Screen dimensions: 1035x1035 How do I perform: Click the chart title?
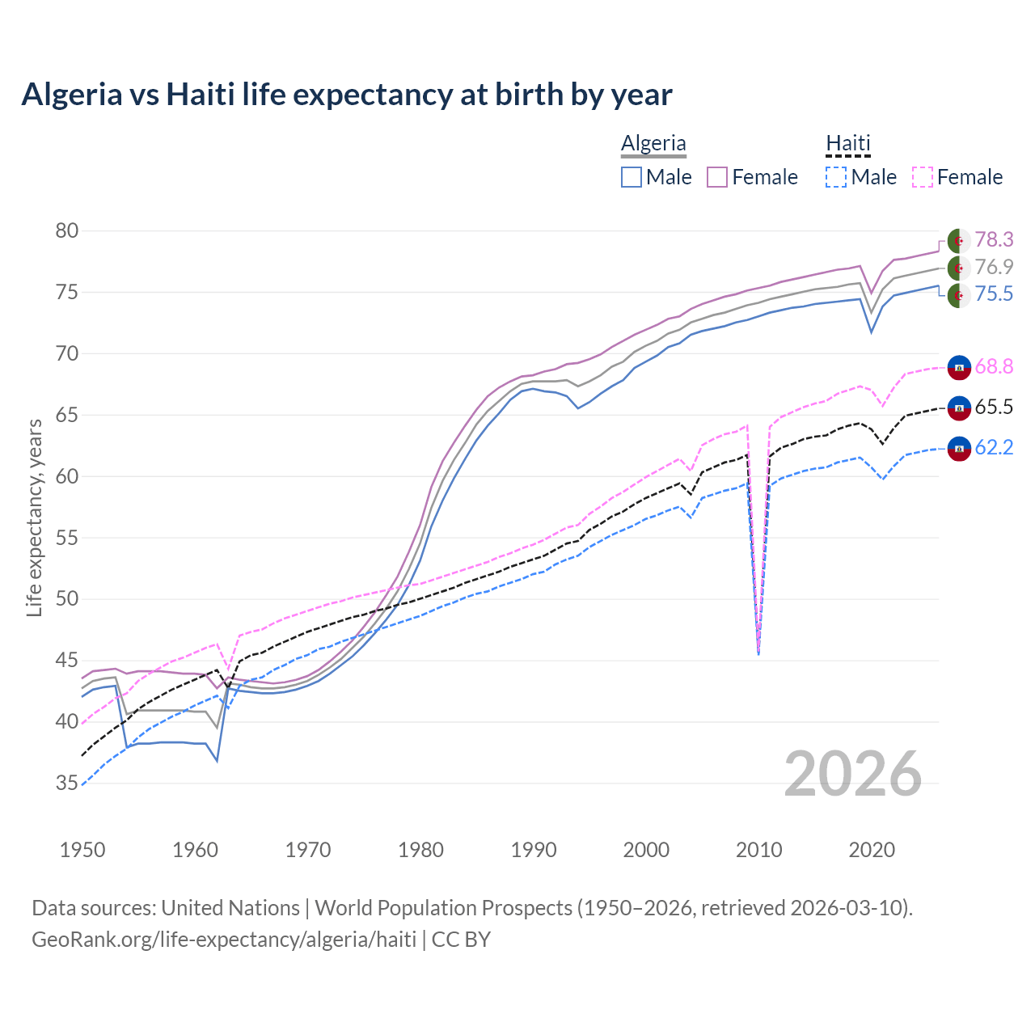click(x=347, y=95)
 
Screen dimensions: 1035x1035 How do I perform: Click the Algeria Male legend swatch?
click(x=632, y=177)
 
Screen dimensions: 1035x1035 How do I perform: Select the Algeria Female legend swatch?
click(x=718, y=177)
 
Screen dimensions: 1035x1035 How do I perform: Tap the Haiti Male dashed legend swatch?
click(x=836, y=177)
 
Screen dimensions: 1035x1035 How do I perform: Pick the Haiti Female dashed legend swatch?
click(x=923, y=177)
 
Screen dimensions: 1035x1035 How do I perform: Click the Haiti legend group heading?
click(x=847, y=144)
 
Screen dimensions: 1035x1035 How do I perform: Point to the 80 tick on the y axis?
click(x=66, y=231)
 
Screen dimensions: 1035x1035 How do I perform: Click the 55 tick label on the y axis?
click(x=66, y=538)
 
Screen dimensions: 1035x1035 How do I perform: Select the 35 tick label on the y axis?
click(x=66, y=784)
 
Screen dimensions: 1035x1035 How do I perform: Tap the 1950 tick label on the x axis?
click(x=82, y=850)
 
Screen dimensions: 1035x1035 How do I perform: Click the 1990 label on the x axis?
click(x=534, y=850)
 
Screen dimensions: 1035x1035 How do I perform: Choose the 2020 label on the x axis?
click(x=872, y=850)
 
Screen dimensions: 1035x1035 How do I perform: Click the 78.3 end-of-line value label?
click(x=994, y=240)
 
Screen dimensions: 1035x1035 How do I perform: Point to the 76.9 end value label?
click(x=994, y=268)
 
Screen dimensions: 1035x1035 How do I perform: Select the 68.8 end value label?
click(x=994, y=367)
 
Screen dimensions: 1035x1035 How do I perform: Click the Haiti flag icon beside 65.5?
click(x=959, y=408)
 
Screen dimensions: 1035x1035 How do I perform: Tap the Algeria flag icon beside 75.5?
click(x=959, y=295)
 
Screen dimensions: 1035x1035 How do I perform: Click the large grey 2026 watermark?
click(x=853, y=774)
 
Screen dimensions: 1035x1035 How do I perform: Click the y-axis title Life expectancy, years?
click(x=34, y=517)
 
